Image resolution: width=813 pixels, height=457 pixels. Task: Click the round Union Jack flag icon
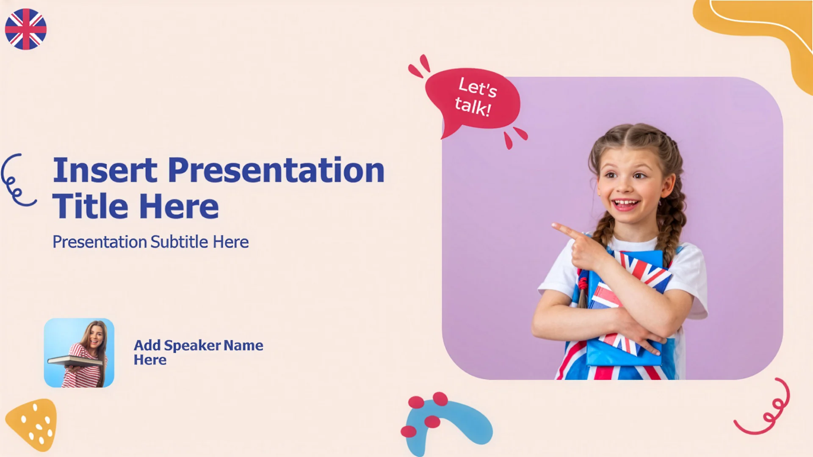pos(26,29)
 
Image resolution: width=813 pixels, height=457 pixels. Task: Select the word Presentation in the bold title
pos(276,170)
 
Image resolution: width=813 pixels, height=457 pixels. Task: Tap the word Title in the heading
pos(90,206)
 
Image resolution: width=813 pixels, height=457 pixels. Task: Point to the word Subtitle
pos(180,242)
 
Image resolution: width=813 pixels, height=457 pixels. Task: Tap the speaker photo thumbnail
pos(79,353)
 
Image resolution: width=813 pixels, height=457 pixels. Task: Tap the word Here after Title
pos(179,206)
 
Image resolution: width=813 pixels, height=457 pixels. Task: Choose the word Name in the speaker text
pos(243,346)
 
